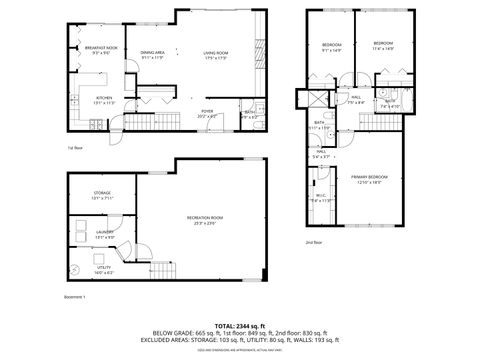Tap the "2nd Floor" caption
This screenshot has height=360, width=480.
pyautogui.click(x=314, y=241)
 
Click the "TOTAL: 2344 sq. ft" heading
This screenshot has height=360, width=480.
pyautogui.click(x=239, y=326)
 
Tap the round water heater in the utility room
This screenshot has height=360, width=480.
pyautogui.click(x=78, y=271)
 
